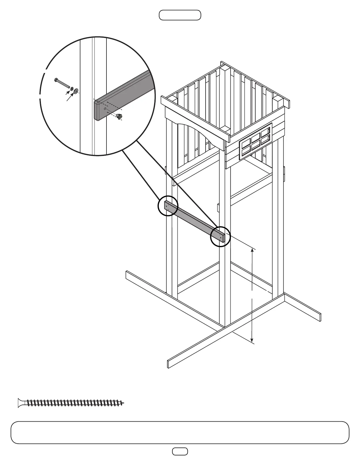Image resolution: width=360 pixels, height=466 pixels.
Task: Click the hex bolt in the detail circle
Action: point(62,84)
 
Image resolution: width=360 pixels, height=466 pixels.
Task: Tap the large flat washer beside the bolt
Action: point(76,91)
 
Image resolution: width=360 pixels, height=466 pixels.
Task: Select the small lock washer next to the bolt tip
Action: point(71,88)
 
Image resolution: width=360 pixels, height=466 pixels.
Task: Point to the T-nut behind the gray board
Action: point(119,116)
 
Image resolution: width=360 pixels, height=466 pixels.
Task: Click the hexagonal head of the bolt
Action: point(56,79)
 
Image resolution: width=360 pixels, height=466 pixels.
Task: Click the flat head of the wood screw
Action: point(20,403)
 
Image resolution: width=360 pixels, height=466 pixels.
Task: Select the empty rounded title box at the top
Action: point(180,15)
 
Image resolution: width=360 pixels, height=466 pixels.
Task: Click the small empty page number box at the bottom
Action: point(180,451)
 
